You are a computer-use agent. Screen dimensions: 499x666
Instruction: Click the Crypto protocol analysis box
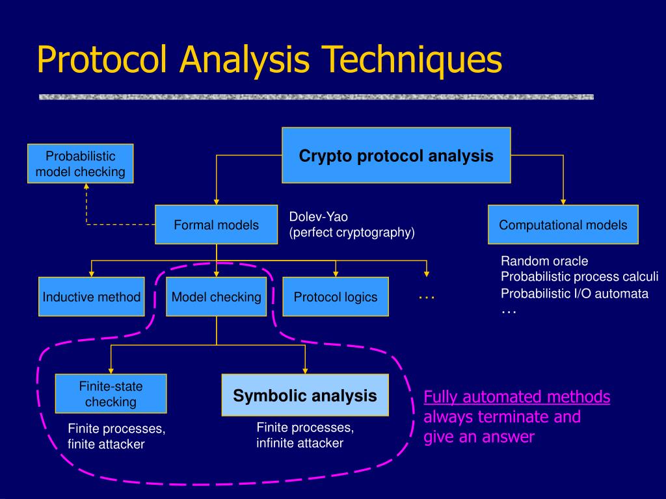click(x=396, y=155)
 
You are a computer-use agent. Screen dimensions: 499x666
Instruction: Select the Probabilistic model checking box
click(x=81, y=164)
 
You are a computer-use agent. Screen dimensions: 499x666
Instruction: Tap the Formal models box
click(x=216, y=225)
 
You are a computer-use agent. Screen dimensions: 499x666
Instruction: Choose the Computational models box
click(x=563, y=225)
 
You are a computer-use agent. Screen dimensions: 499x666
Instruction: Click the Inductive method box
click(x=92, y=297)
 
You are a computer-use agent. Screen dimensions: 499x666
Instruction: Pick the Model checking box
click(x=216, y=297)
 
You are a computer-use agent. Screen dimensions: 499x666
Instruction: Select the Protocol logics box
click(x=335, y=297)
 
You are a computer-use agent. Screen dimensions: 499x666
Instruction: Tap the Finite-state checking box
click(x=111, y=394)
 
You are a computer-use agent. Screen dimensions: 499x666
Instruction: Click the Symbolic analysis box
click(x=305, y=395)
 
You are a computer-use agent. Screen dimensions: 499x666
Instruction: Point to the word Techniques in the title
click(x=410, y=60)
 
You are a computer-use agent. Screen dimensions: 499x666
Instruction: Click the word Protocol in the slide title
click(x=104, y=60)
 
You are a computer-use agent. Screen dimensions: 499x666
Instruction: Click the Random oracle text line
click(x=544, y=261)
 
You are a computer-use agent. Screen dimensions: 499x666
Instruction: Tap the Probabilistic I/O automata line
click(x=574, y=293)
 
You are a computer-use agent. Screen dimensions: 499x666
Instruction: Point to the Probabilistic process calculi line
click(x=579, y=277)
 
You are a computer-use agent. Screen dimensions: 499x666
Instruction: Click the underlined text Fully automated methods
click(x=516, y=397)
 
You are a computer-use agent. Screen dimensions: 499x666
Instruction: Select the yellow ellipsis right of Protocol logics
click(x=427, y=297)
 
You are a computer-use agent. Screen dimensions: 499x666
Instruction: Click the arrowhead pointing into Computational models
click(x=563, y=201)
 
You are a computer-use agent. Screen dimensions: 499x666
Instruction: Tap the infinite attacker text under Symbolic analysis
click(x=299, y=444)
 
